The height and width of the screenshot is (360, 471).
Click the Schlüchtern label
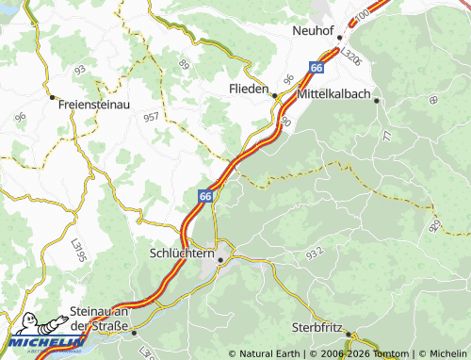click(x=181, y=253)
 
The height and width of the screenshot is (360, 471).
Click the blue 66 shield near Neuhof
click(x=317, y=68)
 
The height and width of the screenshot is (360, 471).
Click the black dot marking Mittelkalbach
click(x=376, y=100)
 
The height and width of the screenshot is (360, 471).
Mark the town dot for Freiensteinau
click(x=51, y=96)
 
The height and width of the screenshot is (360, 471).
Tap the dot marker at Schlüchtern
click(x=220, y=259)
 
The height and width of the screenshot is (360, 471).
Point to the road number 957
click(x=151, y=117)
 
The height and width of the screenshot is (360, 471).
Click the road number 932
click(x=313, y=252)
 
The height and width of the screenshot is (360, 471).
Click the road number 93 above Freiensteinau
click(x=80, y=71)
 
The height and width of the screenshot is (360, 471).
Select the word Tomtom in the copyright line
click(x=391, y=353)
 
